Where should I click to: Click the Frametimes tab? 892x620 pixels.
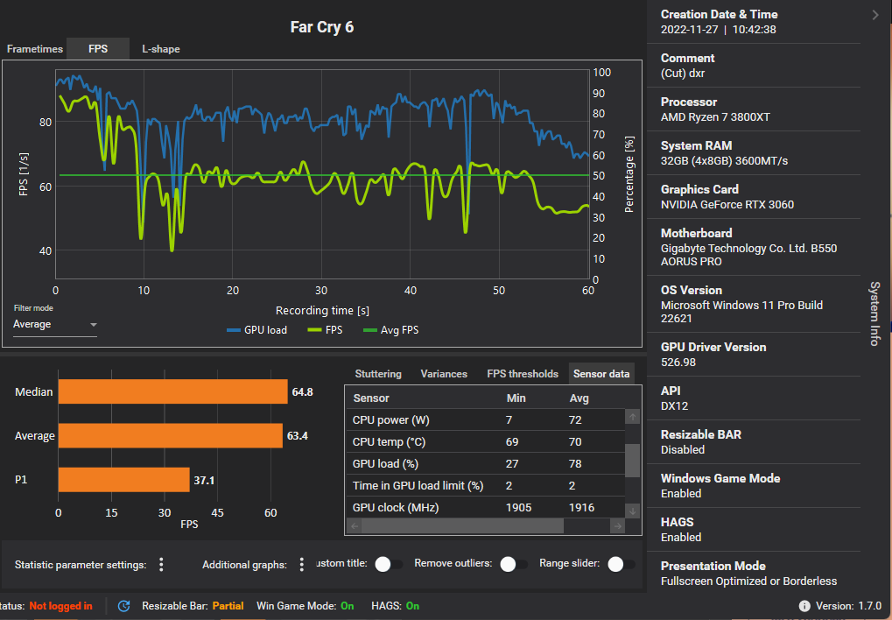(x=35, y=49)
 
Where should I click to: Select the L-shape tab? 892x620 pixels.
(x=161, y=49)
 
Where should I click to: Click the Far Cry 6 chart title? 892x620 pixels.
(x=322, y=27)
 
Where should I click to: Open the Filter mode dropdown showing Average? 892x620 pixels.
(x=54, y=325)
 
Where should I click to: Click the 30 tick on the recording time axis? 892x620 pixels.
(x=321, y=291)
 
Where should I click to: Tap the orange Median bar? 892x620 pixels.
(x=172, y=392)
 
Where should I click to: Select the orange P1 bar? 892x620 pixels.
(x=123, y=480)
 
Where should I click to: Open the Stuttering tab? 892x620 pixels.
(x=378, y=374)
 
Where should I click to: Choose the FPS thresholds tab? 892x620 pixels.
(x=523, y=374)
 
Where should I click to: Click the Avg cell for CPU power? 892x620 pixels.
(x=575, y=420)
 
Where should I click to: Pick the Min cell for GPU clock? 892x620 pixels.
(x=518, y=508)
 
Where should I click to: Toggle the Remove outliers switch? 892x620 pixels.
(x=513, y=565)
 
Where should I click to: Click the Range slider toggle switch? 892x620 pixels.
(x=621, y=565)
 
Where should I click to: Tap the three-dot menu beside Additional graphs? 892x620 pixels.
(x=302, y=565)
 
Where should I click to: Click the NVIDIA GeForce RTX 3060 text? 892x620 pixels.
(x=727, y=205)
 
